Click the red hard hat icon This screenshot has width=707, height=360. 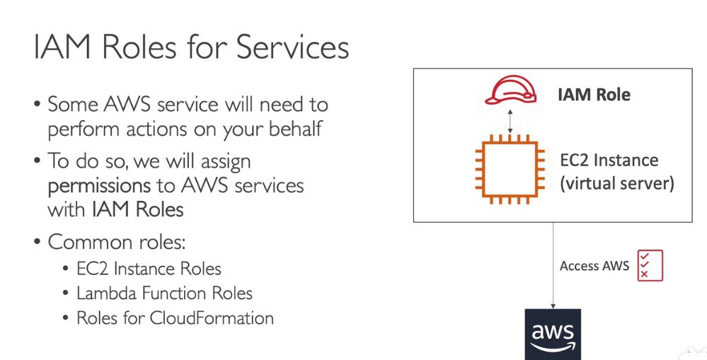(510, 90)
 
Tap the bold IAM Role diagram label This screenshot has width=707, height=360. (594, 95)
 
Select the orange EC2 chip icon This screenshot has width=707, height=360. (510, 168)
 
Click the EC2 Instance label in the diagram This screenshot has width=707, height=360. (609, 161)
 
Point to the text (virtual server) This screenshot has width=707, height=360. (617, 183)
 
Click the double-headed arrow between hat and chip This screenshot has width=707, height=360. (510, 121)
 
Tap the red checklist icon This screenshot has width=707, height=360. (650, 265)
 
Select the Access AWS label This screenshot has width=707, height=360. (594, 266)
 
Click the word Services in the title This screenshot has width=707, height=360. (292, 47)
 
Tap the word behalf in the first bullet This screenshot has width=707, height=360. (296, 129)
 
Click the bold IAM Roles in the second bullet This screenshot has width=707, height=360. (137, 210)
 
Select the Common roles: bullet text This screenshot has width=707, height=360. (117, 242)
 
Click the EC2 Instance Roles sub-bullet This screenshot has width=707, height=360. (149, 269)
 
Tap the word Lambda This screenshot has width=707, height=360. (106, 294)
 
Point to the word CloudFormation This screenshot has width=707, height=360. (212, 318)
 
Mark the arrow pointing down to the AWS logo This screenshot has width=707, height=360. (553, 265)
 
